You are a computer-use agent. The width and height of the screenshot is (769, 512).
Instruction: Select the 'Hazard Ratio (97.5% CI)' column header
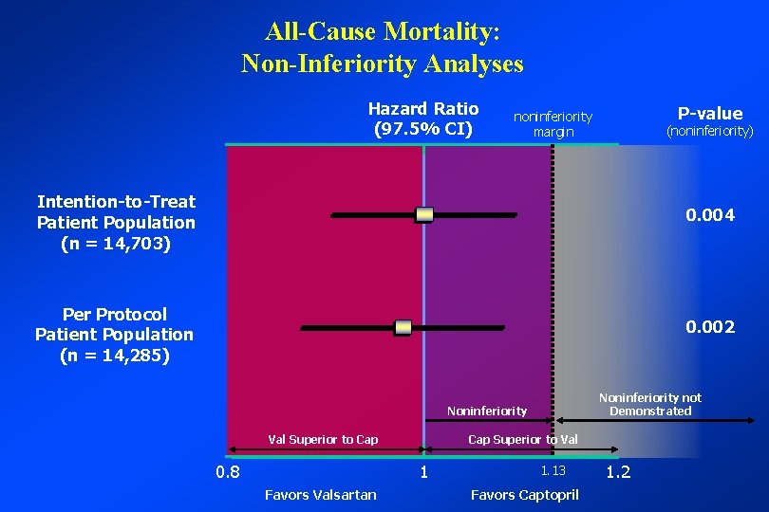coord(423,119)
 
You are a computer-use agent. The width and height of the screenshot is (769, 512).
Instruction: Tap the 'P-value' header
coord(709,114)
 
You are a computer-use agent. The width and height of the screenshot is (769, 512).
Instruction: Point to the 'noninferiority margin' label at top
coord(553,124)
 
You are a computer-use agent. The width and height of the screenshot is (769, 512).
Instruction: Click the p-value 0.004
coord(710,216)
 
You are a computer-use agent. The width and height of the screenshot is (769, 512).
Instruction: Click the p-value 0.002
coord(710,327)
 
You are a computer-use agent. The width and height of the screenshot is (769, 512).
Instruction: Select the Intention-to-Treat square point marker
coord(424,215)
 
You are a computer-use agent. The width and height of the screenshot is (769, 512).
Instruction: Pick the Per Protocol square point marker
coord(403,328)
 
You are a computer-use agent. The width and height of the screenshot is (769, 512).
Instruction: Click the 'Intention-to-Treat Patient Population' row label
coord(116,223)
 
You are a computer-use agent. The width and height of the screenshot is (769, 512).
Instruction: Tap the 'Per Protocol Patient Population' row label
coord(114,335)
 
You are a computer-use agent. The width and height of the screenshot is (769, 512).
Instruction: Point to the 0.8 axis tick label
coord(227,472)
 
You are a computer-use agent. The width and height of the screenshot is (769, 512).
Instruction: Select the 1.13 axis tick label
coord(553,471)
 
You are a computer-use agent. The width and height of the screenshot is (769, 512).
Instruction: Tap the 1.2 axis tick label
coord(618,472)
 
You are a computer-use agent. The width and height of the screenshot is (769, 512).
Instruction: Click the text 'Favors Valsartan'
coord(320,494)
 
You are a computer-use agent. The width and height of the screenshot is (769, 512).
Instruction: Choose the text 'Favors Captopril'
coord(525,494)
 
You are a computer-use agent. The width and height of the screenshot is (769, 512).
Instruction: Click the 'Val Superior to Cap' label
coord(323,439)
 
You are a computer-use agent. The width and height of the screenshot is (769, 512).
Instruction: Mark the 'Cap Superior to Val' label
coord(522,439)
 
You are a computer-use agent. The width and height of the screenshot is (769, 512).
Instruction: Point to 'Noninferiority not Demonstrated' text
coord(649,405)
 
